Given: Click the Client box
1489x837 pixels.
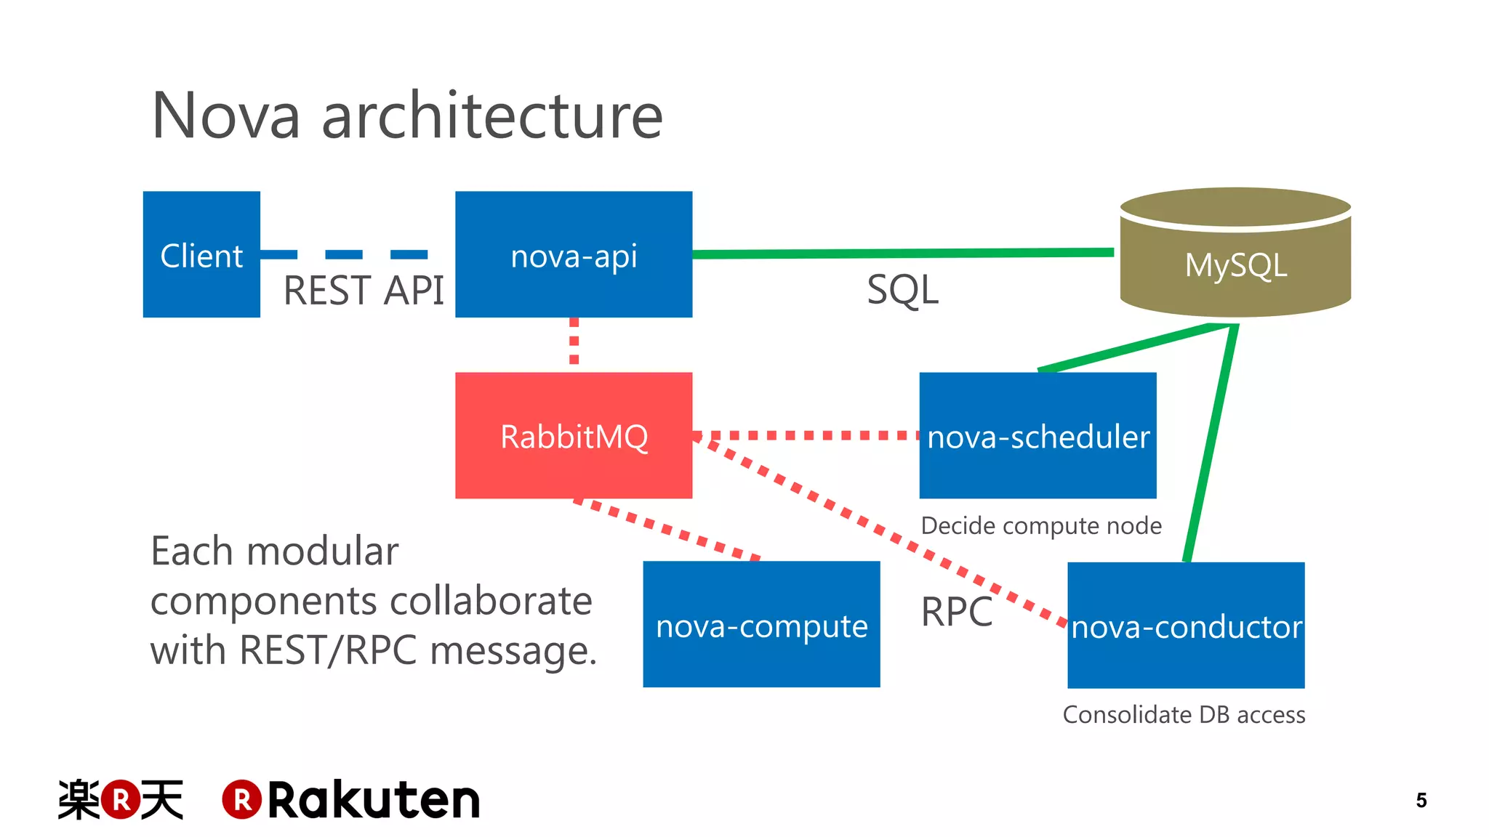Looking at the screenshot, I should [201, 254].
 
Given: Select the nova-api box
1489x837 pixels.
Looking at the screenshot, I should [574, 254].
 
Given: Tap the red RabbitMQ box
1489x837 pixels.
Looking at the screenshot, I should [574, 435].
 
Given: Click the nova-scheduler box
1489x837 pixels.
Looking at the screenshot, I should [1038, 435].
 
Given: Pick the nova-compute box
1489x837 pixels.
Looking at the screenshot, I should [761, 624].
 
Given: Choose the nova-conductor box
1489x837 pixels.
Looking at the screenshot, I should [1186, 625].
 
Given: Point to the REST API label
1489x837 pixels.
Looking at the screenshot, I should [364, 291].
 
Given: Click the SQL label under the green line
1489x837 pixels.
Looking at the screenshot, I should [902, 290].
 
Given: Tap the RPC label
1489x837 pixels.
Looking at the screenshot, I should [956, 612].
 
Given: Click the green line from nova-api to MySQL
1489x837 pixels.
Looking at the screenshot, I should [902, 254].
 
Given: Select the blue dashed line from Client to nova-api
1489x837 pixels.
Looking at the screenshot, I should [345, 254].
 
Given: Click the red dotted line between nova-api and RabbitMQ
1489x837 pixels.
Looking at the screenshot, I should [574, 341].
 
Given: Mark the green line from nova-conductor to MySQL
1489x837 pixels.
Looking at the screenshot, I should [1211, 443].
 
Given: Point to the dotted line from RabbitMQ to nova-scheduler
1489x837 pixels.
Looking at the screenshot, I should [807, 435].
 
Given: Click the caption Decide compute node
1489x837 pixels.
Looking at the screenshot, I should [1040, 525].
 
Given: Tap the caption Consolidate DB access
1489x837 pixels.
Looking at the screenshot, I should [1184, 715].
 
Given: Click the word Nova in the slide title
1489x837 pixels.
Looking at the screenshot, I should [226, 116].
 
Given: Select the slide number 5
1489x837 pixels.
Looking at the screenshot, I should [1421, 800].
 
